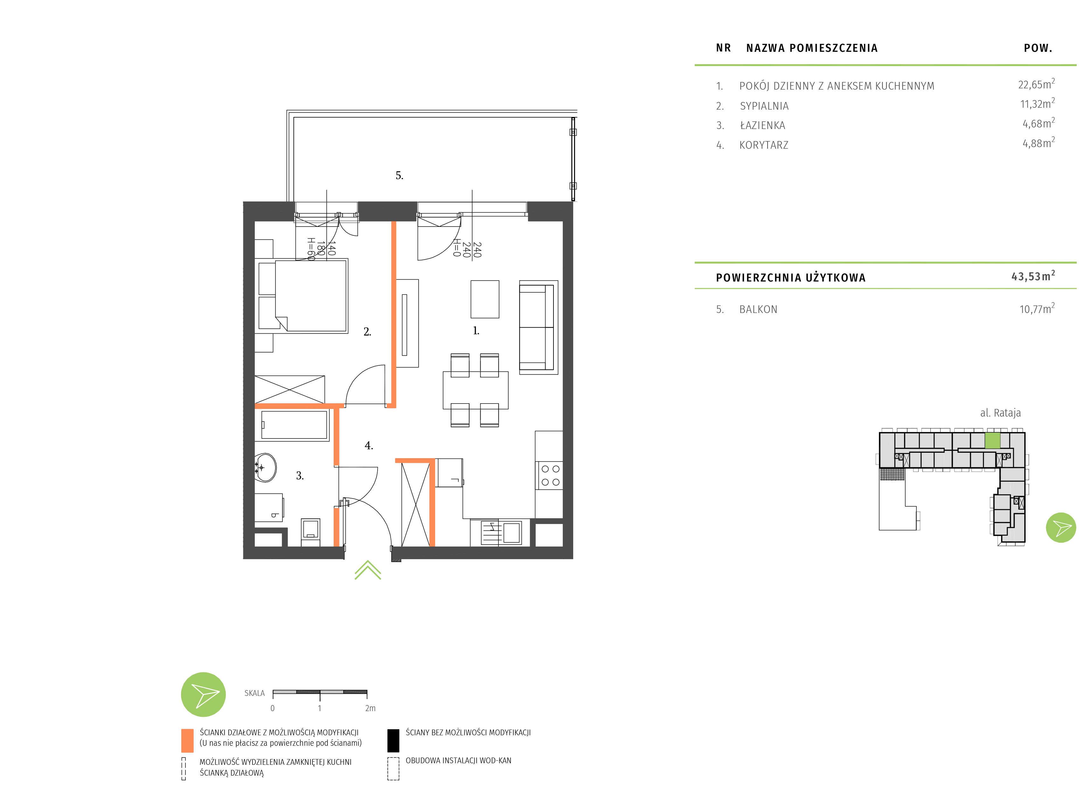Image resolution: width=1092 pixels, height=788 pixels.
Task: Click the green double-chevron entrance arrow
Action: coord(367,571)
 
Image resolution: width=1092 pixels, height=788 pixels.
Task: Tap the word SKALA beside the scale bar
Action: coord(254,693)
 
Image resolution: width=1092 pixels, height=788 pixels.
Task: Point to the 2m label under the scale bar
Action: coord(370,708)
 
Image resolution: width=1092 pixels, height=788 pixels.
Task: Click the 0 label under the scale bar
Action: coord(273,708)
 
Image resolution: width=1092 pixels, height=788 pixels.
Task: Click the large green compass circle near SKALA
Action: coord(203,694)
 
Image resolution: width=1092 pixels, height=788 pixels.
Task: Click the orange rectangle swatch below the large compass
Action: coord(187,740)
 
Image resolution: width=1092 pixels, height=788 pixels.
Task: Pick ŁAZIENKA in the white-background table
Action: coord(762,126)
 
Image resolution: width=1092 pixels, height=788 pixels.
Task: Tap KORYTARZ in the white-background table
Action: coord(764,145)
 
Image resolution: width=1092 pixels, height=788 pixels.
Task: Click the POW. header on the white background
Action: coord(1038,48)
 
